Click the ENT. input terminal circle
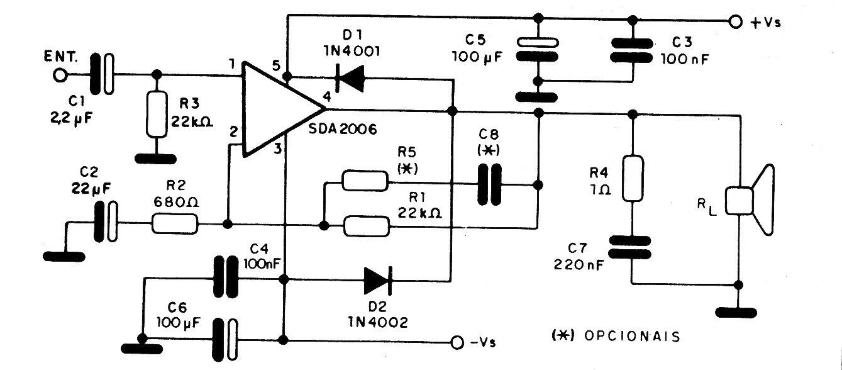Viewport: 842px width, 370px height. [x=60, y=75]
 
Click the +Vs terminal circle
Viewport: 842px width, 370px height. [x=734, y=22]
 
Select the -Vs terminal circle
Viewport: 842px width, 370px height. [x=458, y=341]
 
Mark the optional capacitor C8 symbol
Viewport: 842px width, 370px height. [x=488, y=185]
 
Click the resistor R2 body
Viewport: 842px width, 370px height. [x=175, y=223]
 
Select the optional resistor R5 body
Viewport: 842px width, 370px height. [x=365, y=180]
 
